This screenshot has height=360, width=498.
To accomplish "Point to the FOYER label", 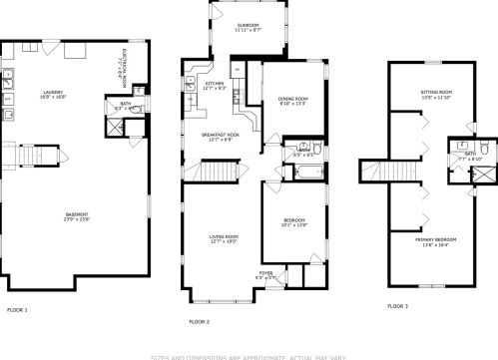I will (x=266, y=272).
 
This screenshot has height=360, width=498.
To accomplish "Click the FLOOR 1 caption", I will (x=18, y=310).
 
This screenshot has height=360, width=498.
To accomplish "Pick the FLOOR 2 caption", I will (x=200, y=322).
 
